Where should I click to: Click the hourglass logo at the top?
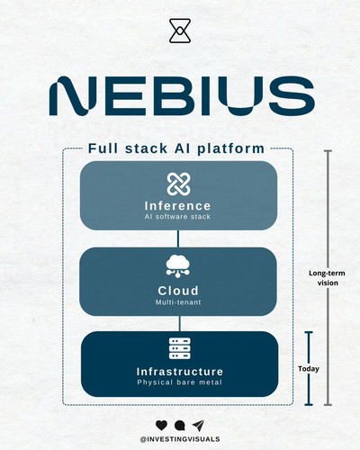(180, 31)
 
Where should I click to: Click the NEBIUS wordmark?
(182, 95)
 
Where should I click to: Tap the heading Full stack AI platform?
(176, 148)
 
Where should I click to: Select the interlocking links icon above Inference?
(178, 184)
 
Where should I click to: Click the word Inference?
(178, 206)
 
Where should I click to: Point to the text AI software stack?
(177, 217)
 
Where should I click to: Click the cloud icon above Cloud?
(178, 266)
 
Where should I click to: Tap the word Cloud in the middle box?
(178, 291)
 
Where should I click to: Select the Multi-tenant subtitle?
(178, 302)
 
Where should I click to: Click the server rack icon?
(180, 348)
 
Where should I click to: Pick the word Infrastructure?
(180, 372)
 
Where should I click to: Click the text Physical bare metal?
(180, 382)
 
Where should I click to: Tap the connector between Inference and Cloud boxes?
(178, 238)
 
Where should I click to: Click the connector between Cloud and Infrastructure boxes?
(180, 323)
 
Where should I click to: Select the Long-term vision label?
(328, 278)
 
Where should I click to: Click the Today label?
(309, 369)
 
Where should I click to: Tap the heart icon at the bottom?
(161, 425)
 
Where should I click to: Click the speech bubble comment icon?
(179, 426)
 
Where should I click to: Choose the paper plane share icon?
(198, 425)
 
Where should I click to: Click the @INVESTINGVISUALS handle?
(180, 439)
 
